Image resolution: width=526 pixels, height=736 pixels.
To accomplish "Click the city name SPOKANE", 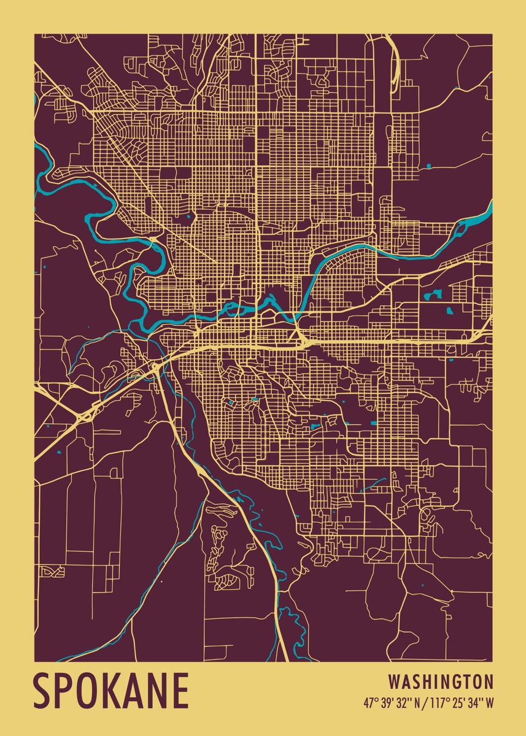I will click(x=111, y=691).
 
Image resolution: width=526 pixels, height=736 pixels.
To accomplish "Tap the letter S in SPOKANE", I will click(x=45, y=691).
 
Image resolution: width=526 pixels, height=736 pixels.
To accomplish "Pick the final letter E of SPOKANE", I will click(x=179, y=691).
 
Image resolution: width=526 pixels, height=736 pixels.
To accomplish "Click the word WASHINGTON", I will click(x=441, y=681).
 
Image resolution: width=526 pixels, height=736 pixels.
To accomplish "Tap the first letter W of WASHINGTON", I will click(x=395, y=681).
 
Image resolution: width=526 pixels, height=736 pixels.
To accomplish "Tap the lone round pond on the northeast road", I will click(x=428, y=166).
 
